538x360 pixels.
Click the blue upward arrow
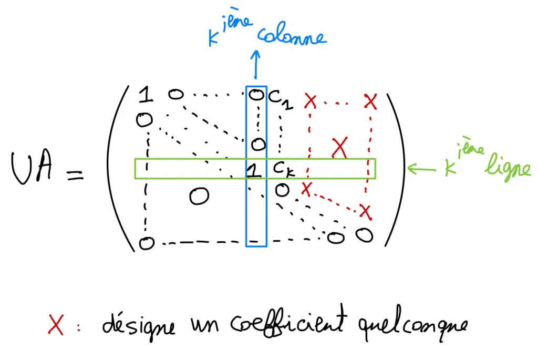256,65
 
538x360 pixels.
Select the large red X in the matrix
340,148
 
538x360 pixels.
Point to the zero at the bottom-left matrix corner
147,243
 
